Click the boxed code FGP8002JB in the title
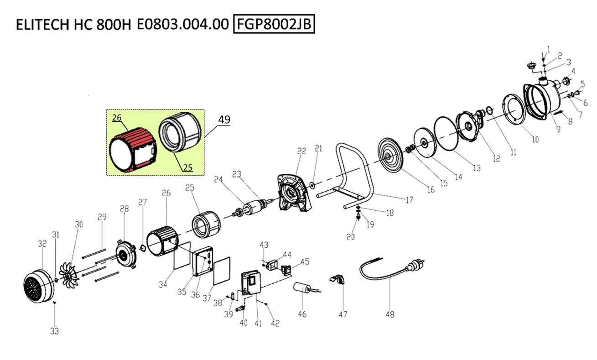(x=274, y=24)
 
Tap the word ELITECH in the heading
(x=41, y=25)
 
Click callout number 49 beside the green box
(x=224, y=120)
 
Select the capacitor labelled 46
(x=302, y=289)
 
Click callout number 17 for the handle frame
(x=409, y=200)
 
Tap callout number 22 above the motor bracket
(x=301, y=151)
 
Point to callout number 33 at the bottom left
(x=54, y=331)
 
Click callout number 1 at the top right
(x=548, y=48)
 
